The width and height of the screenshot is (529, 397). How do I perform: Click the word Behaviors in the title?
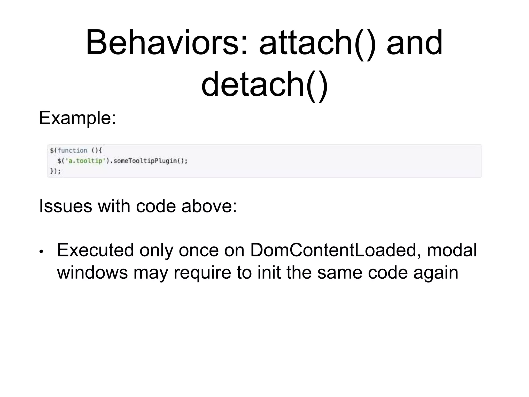click(x=166, y=43)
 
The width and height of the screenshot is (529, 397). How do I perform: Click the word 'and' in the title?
click(x=415, y=43)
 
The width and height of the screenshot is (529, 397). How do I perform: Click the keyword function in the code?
click(x=73, y=150)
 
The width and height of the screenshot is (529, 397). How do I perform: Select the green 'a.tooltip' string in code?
click(x=85, y=161)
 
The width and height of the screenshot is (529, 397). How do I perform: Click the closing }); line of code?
click(x=55, y=171)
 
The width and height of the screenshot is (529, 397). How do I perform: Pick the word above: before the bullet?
click(x=209, y=206)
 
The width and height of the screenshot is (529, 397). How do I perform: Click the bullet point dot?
click(x=41, y=251)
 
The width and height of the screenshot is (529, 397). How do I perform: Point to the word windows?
click(x=92, y=272)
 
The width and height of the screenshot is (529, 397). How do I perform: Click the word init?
click(x=269, y=272)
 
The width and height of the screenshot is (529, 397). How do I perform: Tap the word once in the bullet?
click(x=199, y=250)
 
